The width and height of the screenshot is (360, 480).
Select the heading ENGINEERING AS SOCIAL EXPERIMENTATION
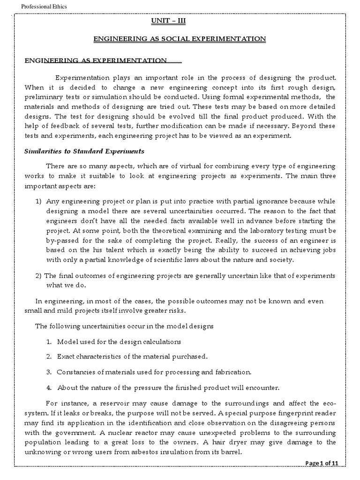point(180,38)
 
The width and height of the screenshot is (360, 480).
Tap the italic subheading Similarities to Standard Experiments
point(84,151)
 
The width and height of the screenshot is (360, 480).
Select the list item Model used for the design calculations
point(119,342)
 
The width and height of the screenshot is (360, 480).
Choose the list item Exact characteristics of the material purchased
point(132,357)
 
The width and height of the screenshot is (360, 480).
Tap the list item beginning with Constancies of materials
point(154,372)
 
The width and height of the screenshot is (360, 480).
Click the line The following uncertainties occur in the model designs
point(124,326)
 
